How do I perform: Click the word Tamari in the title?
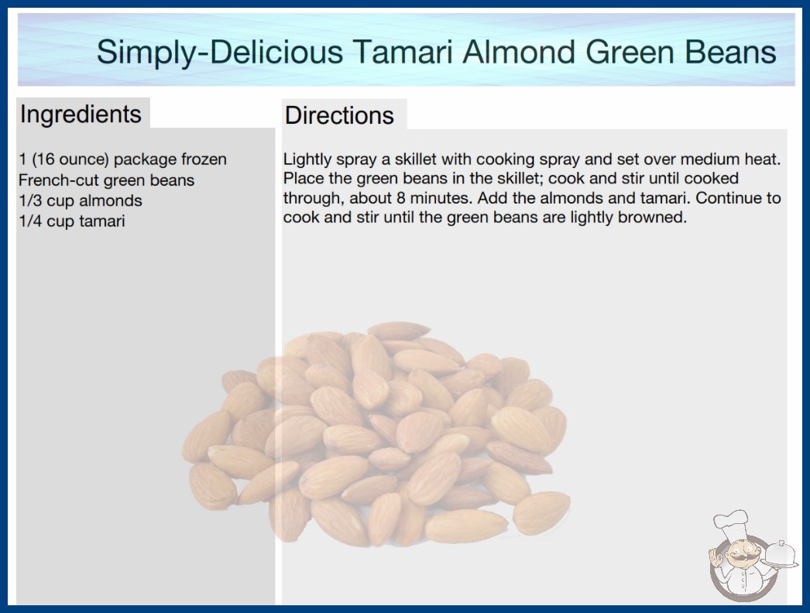point(403,52)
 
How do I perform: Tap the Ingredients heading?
point(81,115)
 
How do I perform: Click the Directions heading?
point(339,115)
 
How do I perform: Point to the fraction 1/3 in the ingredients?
point(30,200)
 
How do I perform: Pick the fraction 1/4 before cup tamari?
point(30,221)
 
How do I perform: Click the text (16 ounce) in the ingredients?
point(70,159)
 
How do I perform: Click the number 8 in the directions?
point(401,198)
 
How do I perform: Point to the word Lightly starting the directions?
point(304,159)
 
